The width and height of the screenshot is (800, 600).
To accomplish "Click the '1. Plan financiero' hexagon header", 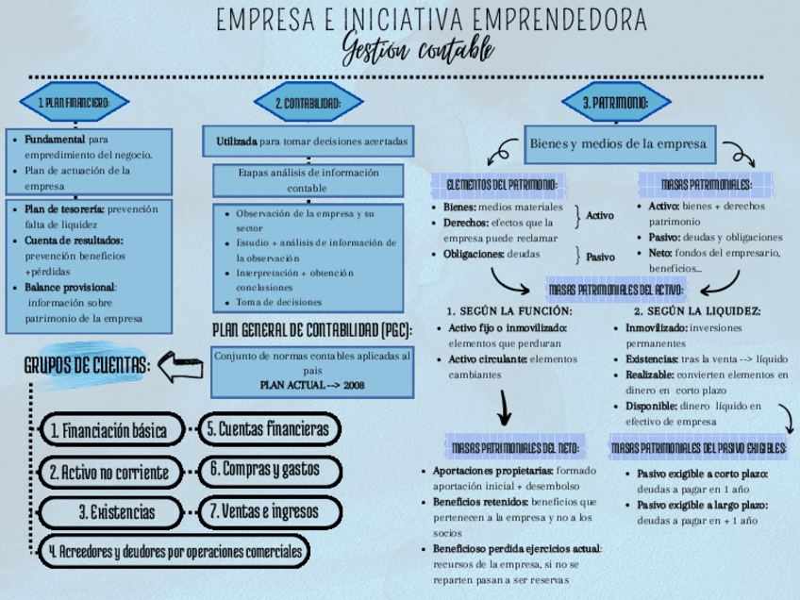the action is point(75,102).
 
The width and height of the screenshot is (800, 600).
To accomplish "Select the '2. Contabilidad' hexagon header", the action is point(308,103).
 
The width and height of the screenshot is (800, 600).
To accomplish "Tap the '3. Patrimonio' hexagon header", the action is point(616,102).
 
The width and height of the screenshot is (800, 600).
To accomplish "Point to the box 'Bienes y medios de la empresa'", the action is point(618,144).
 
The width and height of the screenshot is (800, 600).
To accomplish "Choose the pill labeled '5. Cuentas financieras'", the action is point(269,429).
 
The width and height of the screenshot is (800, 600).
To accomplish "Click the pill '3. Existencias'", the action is point(117,512).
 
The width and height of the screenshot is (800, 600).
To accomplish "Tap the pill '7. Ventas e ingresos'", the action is point(264,512).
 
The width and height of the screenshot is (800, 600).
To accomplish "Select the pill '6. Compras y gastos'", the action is point(265,469).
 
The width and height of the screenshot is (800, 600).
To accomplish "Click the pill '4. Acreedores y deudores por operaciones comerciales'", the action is point(175,551).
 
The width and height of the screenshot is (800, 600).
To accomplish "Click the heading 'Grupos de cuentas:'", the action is point(87,366).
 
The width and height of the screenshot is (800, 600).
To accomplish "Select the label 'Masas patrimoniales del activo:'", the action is point(617,290).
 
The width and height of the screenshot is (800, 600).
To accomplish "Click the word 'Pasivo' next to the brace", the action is point(600,257).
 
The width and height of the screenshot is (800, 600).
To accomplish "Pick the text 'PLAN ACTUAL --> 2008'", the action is point(312,385).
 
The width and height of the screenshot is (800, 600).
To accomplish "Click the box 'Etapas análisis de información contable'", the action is point(308,180).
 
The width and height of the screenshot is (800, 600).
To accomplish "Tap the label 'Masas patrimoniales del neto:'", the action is point(516,447).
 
